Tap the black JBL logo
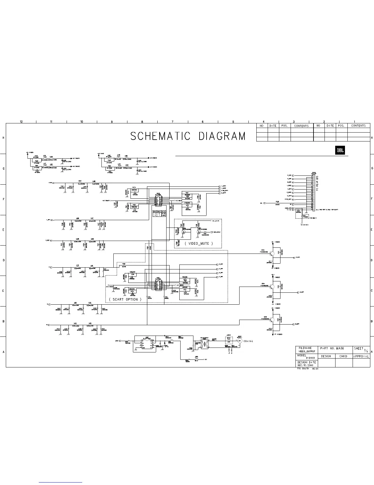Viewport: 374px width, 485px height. click(340, 151)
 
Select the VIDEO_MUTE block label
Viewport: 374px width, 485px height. click(198, 243)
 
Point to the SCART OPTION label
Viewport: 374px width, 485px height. click(125, 299)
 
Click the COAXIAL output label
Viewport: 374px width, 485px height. click(248, 341)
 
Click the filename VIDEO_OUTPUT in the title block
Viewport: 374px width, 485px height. click(307, 351)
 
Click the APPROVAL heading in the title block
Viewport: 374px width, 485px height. click(361, 356)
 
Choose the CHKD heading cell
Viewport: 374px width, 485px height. click(343, 356)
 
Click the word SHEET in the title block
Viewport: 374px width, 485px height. click(358, 348)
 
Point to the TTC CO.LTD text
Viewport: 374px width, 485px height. click(303, 369)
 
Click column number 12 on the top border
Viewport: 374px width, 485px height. click(21, 122)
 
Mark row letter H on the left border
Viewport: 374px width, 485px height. click(3, 138)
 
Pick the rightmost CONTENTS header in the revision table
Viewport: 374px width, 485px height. click(358, 126)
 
